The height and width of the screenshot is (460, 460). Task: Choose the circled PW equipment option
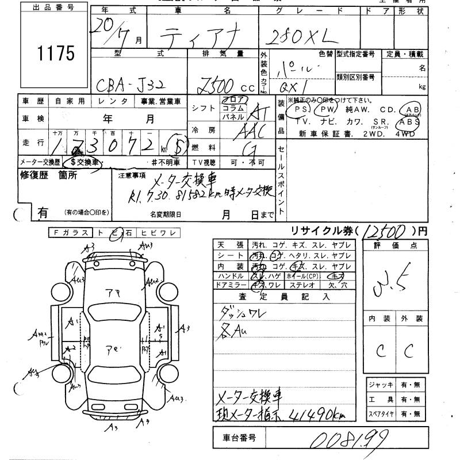(327, 109)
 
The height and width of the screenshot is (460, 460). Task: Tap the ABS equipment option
(409, 122)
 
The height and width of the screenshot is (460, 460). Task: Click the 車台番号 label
(240, 438)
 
